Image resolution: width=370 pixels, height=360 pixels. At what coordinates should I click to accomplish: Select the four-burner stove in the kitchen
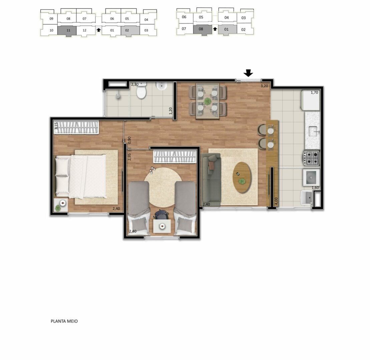tap(312, 158)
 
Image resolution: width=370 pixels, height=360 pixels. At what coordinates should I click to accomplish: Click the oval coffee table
tap(242, 178)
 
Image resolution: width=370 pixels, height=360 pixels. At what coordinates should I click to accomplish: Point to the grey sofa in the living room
tap(211, 180)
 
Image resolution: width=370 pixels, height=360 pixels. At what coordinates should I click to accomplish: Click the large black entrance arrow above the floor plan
tap(248, 73)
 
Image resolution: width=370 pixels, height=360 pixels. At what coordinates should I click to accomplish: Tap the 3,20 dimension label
tap(264, 86)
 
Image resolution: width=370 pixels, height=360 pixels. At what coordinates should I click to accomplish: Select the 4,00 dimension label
tap(276, 201)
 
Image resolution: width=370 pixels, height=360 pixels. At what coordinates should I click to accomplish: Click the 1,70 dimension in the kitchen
tap(314, 92)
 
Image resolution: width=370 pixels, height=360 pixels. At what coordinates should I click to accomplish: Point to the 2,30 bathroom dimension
tap(135, 84)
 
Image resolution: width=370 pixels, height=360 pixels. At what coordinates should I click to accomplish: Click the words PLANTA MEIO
tap(64, 321)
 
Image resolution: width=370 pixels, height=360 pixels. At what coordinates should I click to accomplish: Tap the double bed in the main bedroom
tap(80, 176)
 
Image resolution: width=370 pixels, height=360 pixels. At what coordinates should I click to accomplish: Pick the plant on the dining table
tap(208, 101)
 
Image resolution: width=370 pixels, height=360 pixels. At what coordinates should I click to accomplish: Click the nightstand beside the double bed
tap(61, 205)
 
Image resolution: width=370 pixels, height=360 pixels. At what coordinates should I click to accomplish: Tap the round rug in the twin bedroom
tap(163, 187)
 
